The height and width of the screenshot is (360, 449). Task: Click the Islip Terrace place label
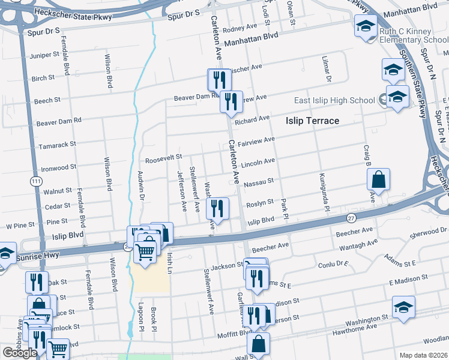tap(312, 121)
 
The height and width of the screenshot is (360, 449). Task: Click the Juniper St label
tap(44, 54)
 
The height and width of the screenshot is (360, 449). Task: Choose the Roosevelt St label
tap(163, 157)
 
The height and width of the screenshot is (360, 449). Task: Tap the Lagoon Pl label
tap(141, 317)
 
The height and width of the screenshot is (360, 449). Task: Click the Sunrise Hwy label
tap(42, 257)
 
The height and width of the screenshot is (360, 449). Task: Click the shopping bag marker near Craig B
tap(379, 179)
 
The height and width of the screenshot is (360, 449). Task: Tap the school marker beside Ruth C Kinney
tap(366, 26)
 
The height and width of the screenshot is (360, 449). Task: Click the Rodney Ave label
tap(239, 29)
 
